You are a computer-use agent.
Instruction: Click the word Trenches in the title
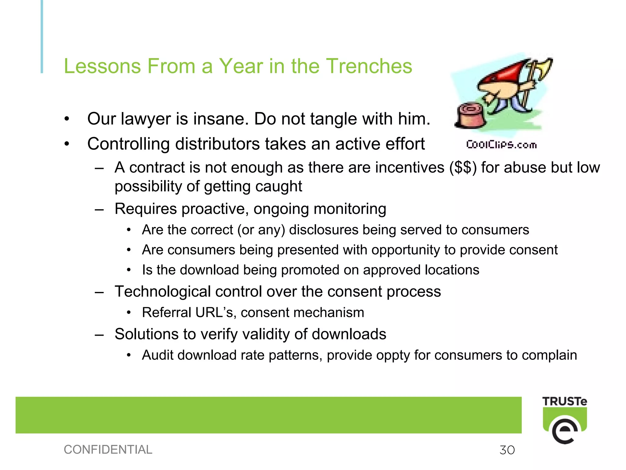click(x=369, y=66)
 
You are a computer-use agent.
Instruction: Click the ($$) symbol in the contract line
click(x=463, y=167)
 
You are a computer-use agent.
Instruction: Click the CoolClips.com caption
click(x=501, y=145)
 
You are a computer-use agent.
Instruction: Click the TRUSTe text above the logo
click(x=565, y=401)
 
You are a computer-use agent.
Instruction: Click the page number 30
click(x=507, y=450)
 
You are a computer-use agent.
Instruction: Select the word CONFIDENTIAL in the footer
click(x=108, y=449)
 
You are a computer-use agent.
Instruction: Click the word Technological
click(x=163, y=291)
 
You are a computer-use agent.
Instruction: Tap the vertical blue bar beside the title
click(x=42, y=37)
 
